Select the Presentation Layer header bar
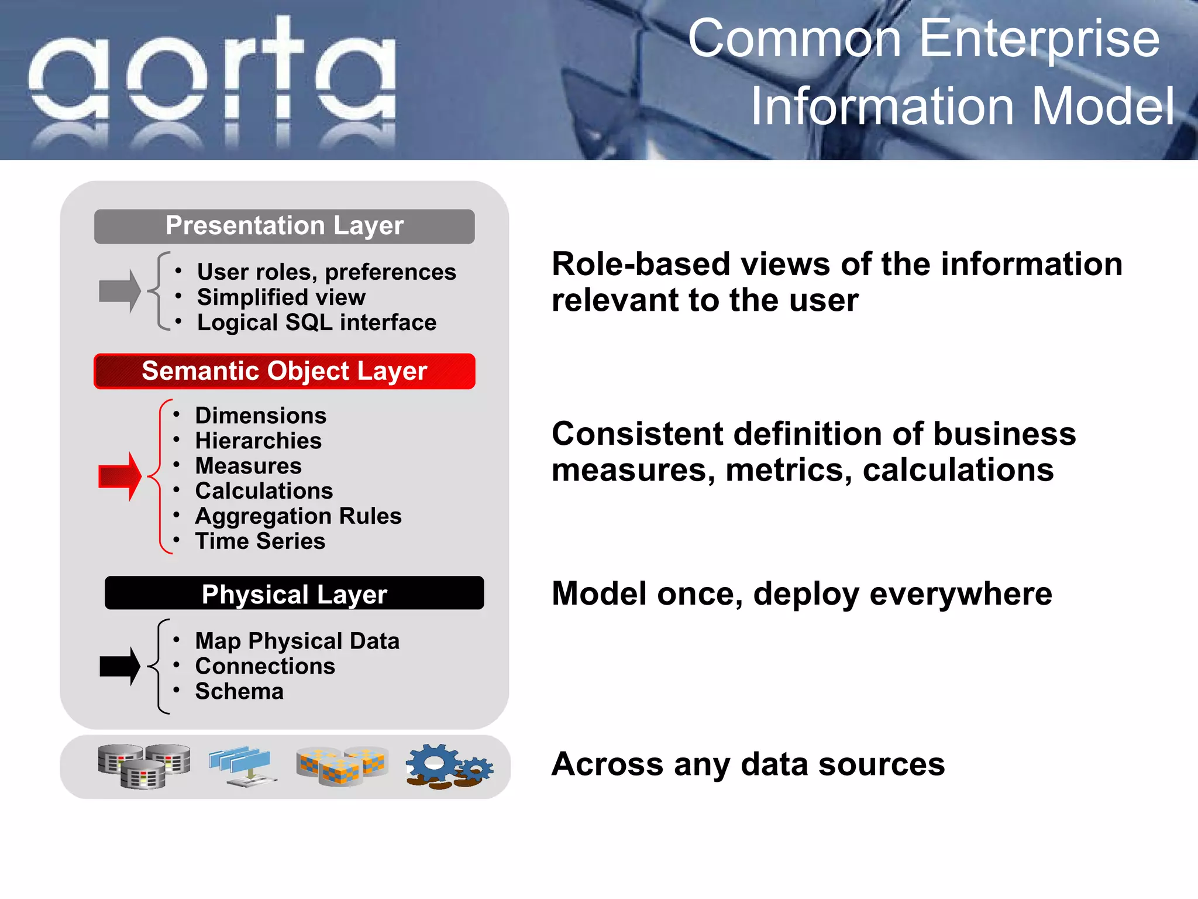pos(284,227)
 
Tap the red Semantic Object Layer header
pos(284,371)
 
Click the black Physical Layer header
pos(294,593)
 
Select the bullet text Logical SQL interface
pos(316,322)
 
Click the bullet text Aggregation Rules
pos(298,516)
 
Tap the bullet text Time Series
pos(260,541)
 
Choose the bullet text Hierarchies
pos(259,441)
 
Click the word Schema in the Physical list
pos(239,692)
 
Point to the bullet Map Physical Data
pos(297,641)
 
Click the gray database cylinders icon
pos(144,766)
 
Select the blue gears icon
pos(449,766)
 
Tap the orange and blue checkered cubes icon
pos(342,766)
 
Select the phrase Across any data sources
pos(748,764)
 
